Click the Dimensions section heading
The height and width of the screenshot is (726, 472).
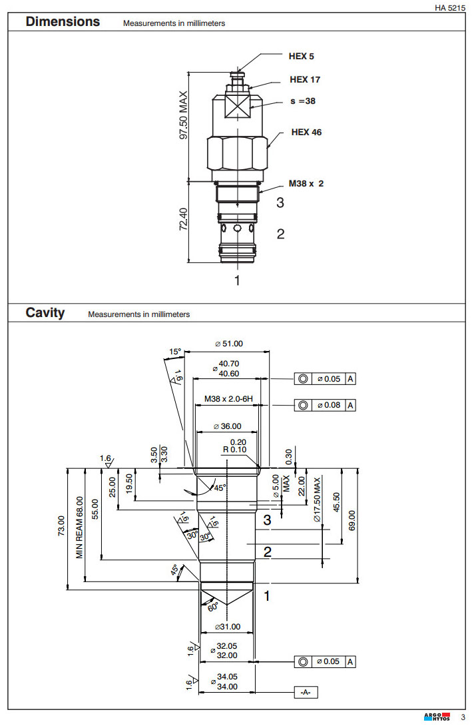[63, 22]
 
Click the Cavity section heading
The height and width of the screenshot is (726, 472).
[45, 312]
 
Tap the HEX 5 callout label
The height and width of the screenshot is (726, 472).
[301, 57]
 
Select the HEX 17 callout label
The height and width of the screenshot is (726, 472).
[305, 80]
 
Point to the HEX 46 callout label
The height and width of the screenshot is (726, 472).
[306, 133]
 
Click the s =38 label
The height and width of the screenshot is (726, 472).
[302, 102]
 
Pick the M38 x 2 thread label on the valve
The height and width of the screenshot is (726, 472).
[306, 183]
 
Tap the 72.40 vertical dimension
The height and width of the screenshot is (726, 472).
[184, 220]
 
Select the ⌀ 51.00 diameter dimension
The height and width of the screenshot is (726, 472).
[228, 344]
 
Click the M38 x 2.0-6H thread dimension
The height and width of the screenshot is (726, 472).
[228, 400]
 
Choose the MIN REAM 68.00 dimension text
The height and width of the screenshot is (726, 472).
[81, 527]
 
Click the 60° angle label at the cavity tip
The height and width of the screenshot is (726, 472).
[212, 607]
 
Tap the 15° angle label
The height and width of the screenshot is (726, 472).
[175, 351]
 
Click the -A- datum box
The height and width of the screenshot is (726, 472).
[306, 693]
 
